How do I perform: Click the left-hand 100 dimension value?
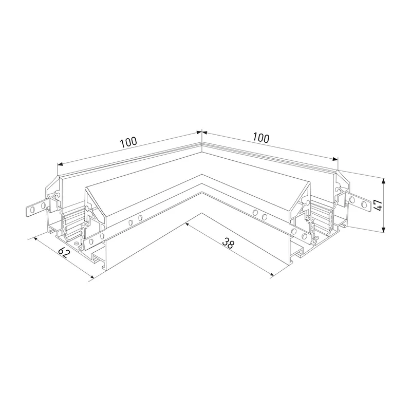tap(128, 142)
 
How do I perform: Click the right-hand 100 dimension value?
tap(261, 138)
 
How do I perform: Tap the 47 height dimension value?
tap(378, 205)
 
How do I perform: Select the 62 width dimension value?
tap(64, 252)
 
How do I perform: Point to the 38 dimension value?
tap(228, 243)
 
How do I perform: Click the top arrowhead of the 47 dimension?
tap(383, 181)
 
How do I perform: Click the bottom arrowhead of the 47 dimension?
tap(383, 230)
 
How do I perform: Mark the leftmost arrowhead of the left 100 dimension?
tap(60, 164)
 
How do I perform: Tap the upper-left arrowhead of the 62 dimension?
tap(36, 239)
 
